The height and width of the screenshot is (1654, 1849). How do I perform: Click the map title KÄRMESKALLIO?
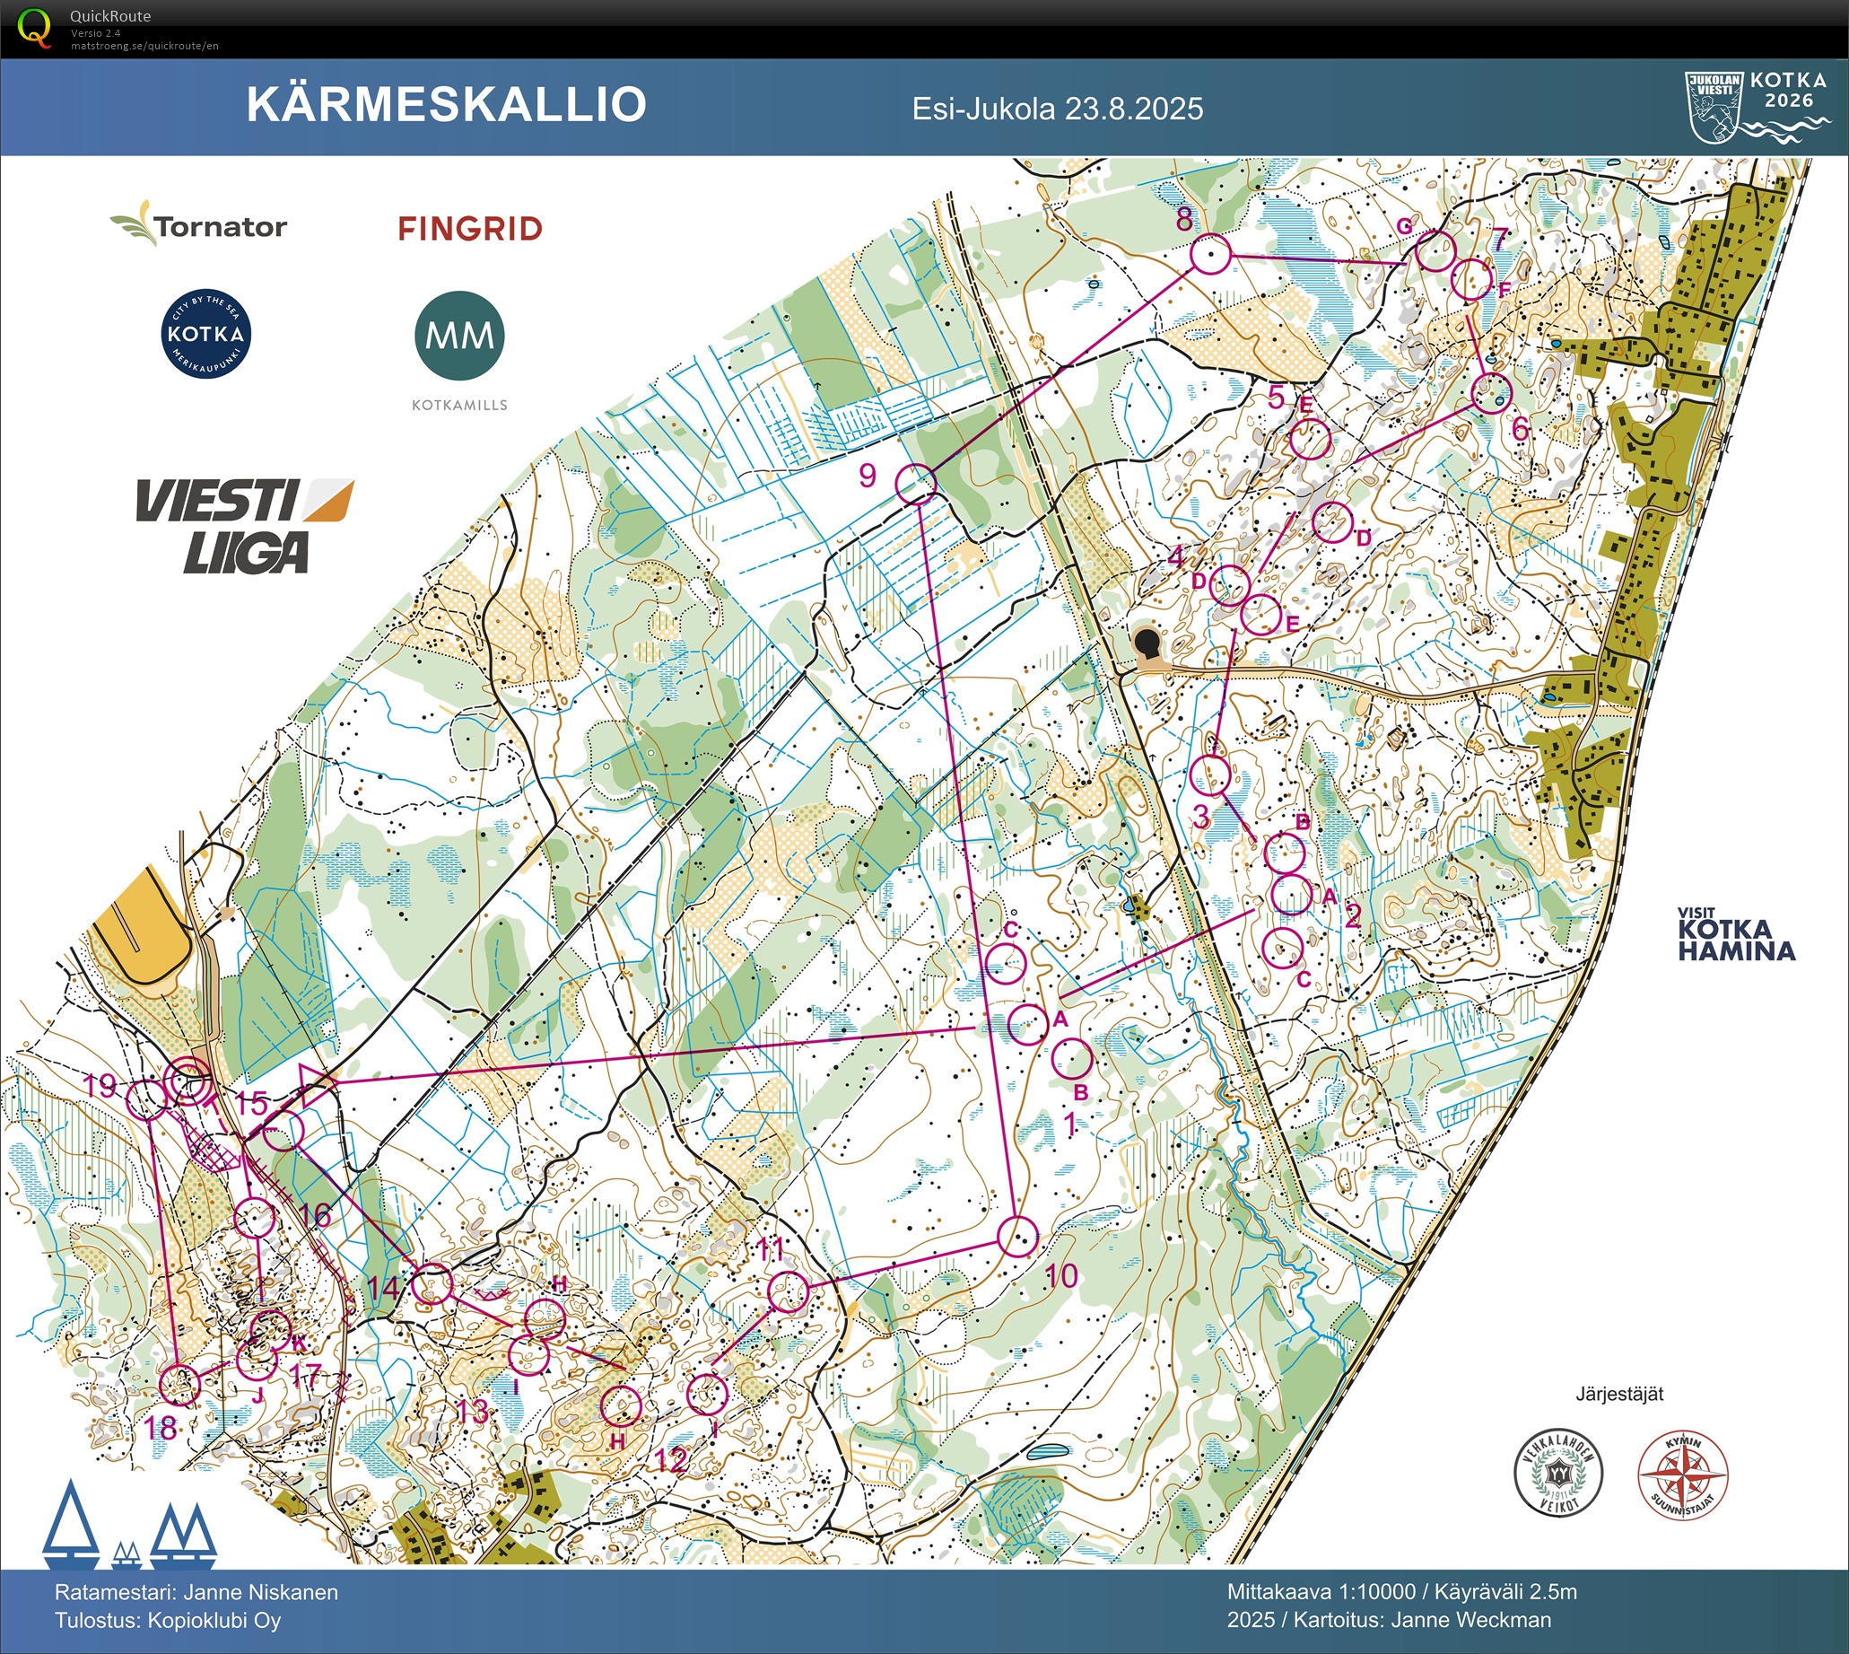(x=446, y=104)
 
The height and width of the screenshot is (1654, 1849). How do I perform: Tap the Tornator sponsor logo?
(x=200, y=225)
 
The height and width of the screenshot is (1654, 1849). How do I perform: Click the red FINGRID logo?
(x=470, y=229)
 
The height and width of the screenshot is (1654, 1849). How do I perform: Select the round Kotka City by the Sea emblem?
(x=206, y=334)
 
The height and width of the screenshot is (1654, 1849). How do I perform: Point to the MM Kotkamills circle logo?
(x=459, y=337)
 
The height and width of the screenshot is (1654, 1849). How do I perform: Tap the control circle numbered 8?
(x=1210, y=255)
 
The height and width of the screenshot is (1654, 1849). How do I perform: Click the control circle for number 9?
(x=916, y=484)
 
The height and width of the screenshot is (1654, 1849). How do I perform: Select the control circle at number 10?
(x=1017, y=1236)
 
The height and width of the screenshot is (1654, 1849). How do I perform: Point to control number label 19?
(x=100, y=1085)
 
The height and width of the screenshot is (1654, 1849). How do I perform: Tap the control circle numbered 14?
(x=432, y=1284)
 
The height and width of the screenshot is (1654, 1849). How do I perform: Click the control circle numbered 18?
(x=179, y=1384)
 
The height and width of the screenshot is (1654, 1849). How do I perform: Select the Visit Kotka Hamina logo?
(x=1736, y=935)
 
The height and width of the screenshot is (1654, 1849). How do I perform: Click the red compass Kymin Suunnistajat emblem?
(x=1683, y=1476)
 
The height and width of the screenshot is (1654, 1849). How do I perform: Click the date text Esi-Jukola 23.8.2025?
(x=1058, y=109)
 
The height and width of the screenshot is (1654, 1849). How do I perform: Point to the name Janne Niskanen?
(x=261, y=1592)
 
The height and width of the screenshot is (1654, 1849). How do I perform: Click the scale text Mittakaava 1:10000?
(x=1322, y=1592)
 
